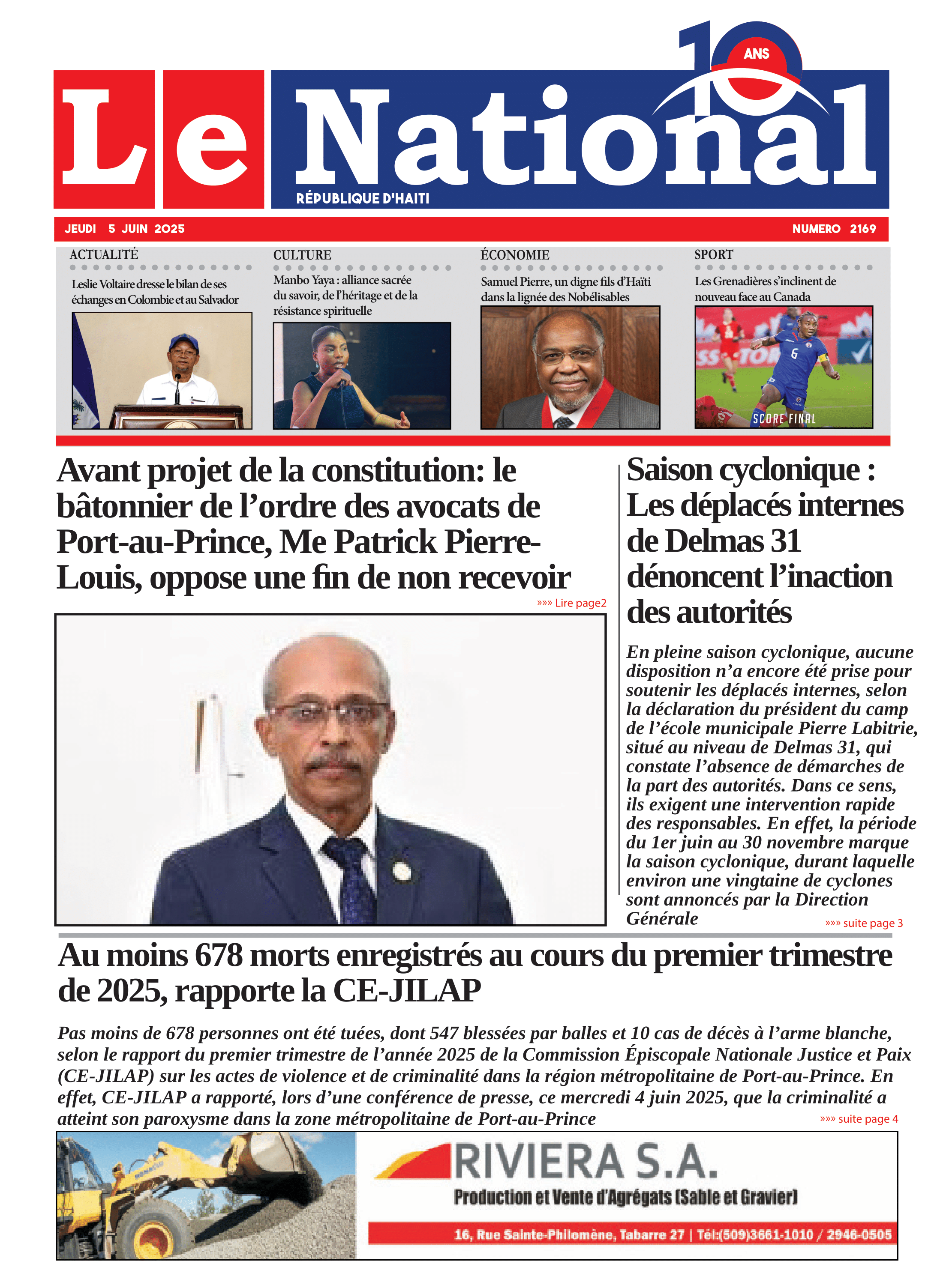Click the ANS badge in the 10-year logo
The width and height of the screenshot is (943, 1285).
click(x=757, y=54)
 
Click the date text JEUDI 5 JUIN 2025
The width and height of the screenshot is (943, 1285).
click(x=124, y=229)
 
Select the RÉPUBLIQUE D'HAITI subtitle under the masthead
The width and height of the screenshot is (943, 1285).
click(x=363, y=198)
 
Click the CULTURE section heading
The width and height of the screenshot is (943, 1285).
click(x=302, y=255)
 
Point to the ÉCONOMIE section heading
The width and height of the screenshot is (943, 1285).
click(x=515, y=255)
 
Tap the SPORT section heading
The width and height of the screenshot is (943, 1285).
click(x=714, y=254)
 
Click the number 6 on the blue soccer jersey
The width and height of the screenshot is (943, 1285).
click(x=794, y=354)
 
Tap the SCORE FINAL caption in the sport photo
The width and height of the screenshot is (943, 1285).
click(x=784, y=418)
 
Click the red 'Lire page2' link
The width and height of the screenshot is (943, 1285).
click(x=572, y=603)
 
